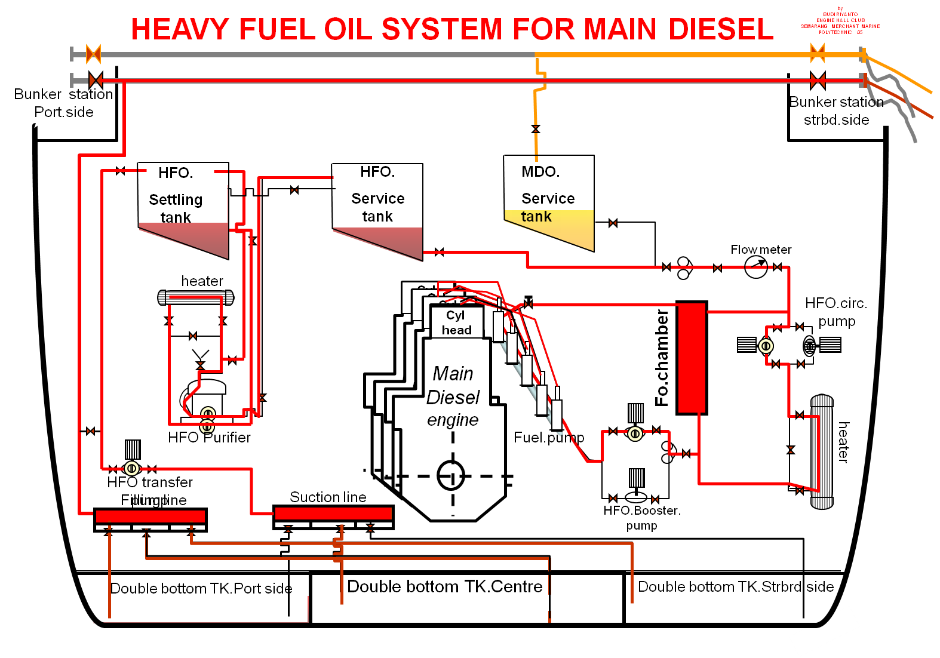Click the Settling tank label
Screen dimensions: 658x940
click(x=176, y=208)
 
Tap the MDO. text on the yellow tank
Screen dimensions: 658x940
click(x=540, y=172)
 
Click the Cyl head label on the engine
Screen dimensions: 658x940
click(x=456, y=322)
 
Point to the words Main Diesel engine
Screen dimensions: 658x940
click(x=453, y=396)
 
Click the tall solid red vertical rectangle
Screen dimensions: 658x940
click(x=692, y=358)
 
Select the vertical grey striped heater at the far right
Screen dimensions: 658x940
click(x=822, y=452)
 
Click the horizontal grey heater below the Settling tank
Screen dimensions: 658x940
click(x=195, y=297)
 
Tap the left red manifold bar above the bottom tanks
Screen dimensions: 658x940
click(x=150, y=516)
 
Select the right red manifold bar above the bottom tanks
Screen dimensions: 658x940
click(x=333, y=514)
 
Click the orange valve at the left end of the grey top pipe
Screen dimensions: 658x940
click(x=94, y=54)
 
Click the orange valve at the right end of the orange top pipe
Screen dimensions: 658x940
click(x=818, y=54)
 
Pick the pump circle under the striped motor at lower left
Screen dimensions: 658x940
click(x=132, y=469)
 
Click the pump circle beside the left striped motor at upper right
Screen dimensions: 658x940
click(x=766, y=346)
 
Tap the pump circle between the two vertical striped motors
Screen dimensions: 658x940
click(x=635, y=433)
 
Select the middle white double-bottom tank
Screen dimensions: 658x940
click(x=467, y=608)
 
